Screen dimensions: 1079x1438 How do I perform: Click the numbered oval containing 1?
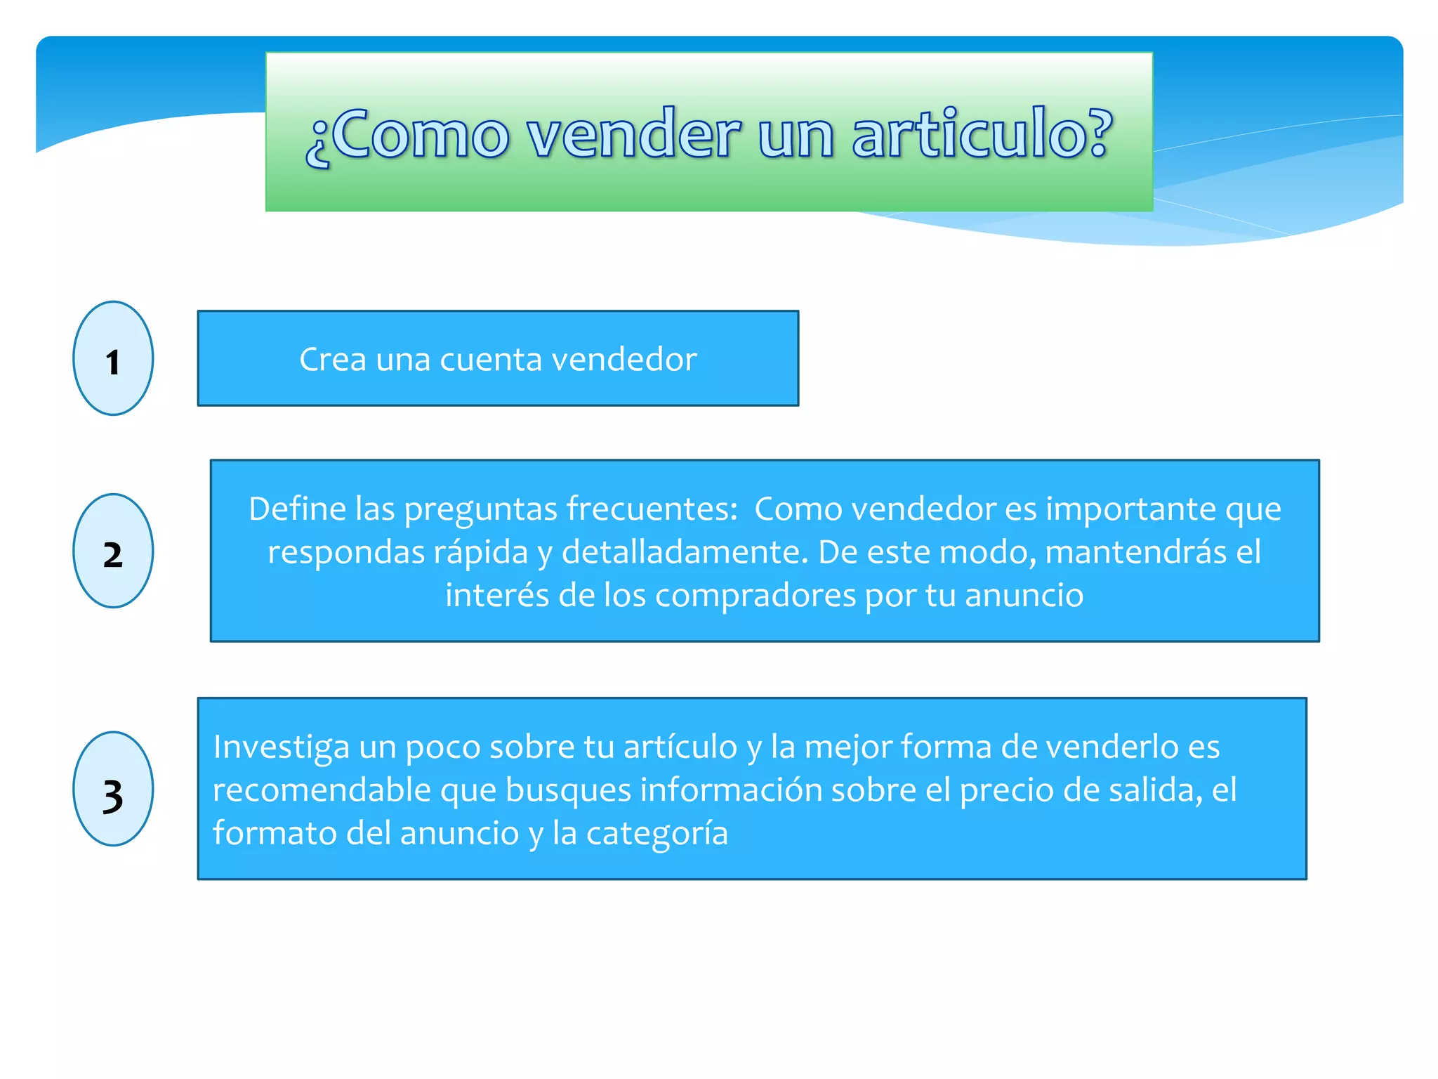(113, 358)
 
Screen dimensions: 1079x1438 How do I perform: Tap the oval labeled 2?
(113, 551)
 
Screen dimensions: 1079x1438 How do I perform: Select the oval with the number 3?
(113, 789)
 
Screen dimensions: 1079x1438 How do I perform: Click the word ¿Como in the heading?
(407, 135)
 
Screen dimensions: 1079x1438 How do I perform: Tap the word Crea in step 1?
(333, 359)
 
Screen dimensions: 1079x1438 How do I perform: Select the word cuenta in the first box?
(491, 360)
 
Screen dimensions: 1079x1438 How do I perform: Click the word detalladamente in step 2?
(685, 552)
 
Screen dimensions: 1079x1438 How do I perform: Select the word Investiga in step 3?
(281, 747)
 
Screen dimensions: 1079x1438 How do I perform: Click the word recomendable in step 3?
(322, 790)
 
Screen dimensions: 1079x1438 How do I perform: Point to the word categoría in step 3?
(657, 834)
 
